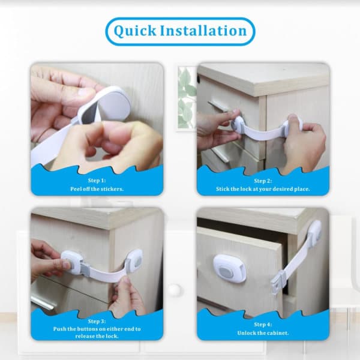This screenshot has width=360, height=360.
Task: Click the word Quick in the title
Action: point(135,31)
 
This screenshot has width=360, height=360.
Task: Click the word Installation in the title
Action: point(203,31)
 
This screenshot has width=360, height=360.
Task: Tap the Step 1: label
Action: point(97,181)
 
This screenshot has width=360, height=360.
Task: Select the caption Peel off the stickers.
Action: point(97,189)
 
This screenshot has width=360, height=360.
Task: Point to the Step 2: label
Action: point(263,181)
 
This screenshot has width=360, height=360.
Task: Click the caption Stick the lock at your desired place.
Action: point(263,189)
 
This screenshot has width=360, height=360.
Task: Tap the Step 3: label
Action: point(97,321)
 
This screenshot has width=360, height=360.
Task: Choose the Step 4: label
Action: point(263,325)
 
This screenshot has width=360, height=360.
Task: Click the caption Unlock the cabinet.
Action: point(263,333)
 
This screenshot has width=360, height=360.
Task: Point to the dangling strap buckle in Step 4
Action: point(278,284)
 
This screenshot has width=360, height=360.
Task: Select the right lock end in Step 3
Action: point(134,260)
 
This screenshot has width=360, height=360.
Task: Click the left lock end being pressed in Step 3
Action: point(71,262)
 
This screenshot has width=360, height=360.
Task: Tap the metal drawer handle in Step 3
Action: point(43,301)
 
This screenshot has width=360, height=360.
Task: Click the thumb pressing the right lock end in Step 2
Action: point(293,119)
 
